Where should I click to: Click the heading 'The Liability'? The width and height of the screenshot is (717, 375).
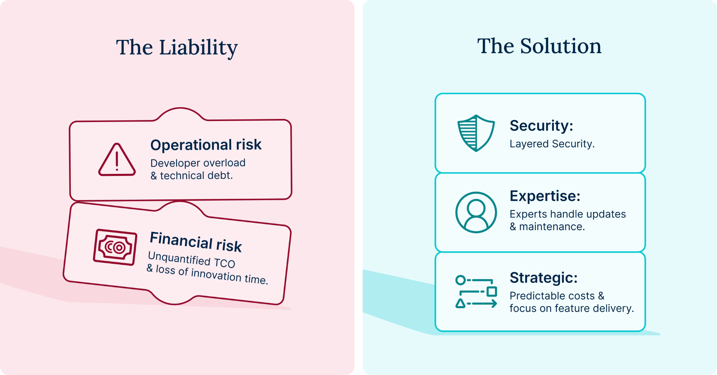177,48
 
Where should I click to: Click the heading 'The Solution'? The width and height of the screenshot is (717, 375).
539,46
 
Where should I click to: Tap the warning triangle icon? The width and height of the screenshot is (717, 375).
117,160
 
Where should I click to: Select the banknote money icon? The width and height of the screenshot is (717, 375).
115,247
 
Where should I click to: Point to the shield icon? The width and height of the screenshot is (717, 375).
476,133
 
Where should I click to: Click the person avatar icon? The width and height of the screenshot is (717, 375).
476,212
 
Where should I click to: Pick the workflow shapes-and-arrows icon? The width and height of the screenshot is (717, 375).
476,291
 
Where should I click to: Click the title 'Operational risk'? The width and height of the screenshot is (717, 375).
206,145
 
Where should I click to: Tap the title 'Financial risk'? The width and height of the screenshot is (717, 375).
196,242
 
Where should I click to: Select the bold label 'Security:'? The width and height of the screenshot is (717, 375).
541,126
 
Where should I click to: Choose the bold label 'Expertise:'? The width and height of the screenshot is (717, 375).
545,196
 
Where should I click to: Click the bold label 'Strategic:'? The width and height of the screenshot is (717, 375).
543,278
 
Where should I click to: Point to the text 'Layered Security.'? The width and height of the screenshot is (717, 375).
552,144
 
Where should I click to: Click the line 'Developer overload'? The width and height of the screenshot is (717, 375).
198,163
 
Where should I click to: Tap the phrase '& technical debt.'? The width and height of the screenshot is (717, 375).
192,176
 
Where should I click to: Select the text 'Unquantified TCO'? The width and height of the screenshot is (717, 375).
192,260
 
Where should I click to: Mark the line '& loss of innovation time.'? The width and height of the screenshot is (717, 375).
207,275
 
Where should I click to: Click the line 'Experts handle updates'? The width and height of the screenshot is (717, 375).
568,214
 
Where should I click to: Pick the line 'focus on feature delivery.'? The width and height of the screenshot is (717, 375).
572,309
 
